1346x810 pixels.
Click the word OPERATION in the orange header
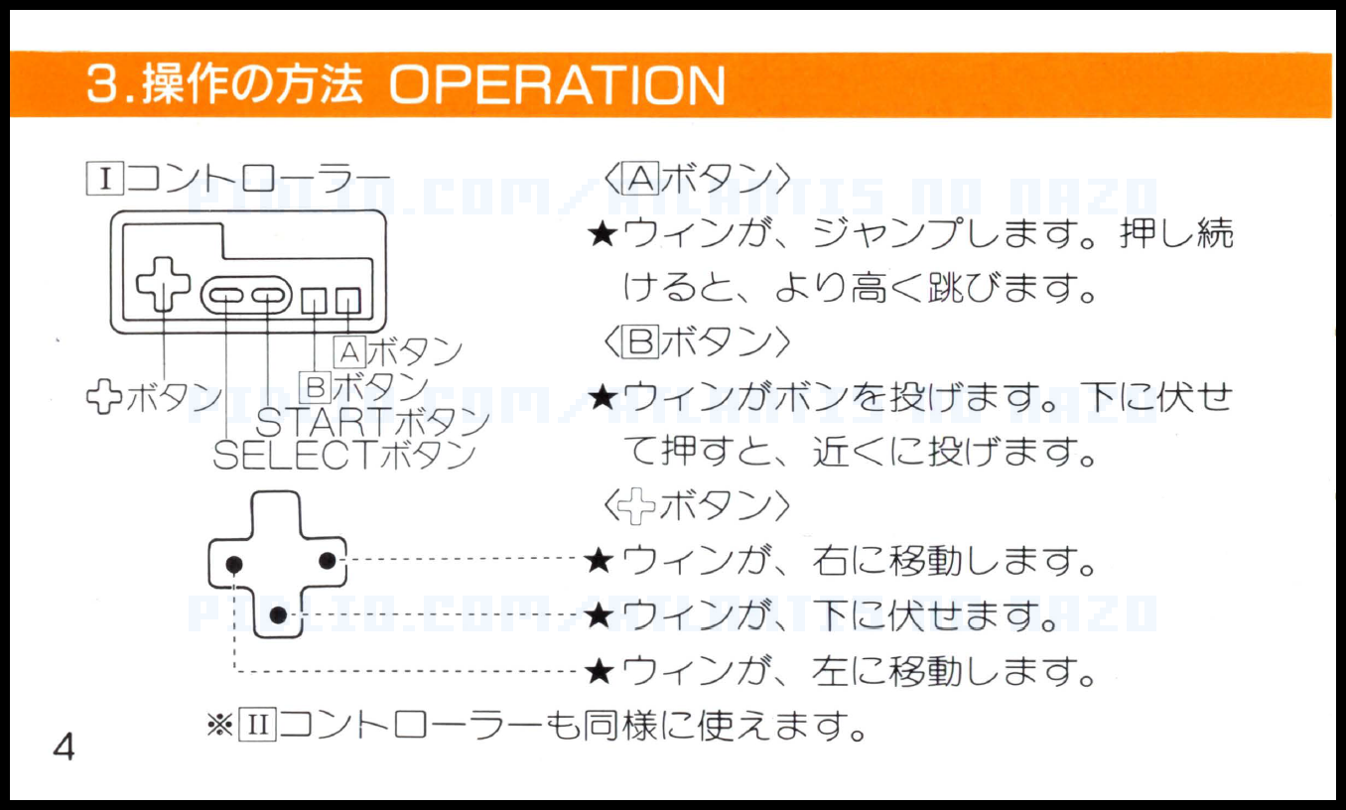point(556,85)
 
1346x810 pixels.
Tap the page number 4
point(64,747)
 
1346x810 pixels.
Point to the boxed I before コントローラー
point(103,180)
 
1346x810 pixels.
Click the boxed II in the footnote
point(255,727)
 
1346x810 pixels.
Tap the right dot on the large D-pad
point(327,561)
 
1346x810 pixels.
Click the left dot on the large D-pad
point(233,564)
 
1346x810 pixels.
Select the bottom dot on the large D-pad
point(279,615)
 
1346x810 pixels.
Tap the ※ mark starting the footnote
point(217,727)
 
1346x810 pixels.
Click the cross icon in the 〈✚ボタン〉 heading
point(636,507)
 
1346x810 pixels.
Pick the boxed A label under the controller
point(349,350)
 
